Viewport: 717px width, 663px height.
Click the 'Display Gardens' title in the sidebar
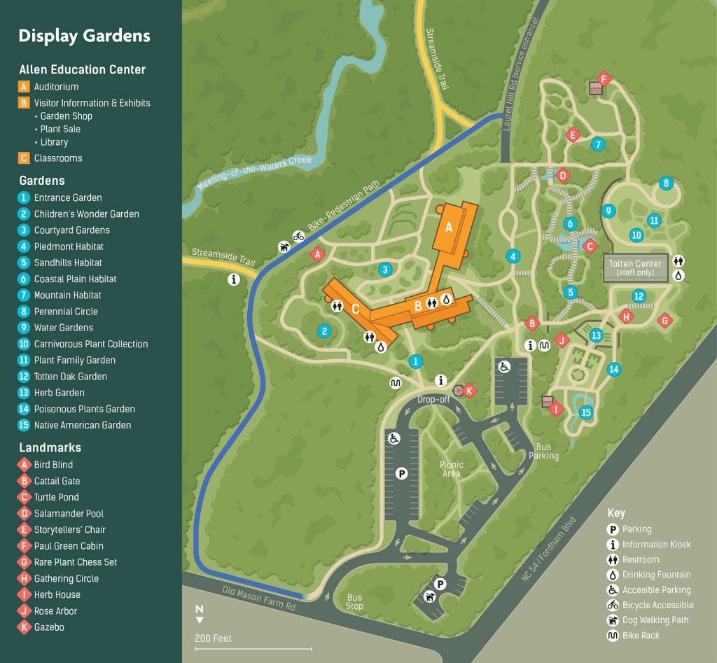84,36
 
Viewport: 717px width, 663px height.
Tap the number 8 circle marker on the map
666,183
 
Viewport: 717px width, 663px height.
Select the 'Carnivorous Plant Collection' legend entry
90,344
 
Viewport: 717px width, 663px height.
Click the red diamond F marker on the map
604,78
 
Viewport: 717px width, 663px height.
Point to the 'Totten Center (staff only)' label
635,268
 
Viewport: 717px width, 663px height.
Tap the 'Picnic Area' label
452,469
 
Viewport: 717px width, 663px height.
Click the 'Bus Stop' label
354,602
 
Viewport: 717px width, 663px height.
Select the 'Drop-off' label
433,399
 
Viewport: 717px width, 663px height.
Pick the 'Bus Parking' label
543,451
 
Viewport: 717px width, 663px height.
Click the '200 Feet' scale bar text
213,638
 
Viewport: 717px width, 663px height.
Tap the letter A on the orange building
450,226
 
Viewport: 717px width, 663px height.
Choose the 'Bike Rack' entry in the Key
641,636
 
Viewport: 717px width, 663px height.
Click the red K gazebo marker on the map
470,391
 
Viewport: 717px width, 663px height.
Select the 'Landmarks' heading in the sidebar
50,447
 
